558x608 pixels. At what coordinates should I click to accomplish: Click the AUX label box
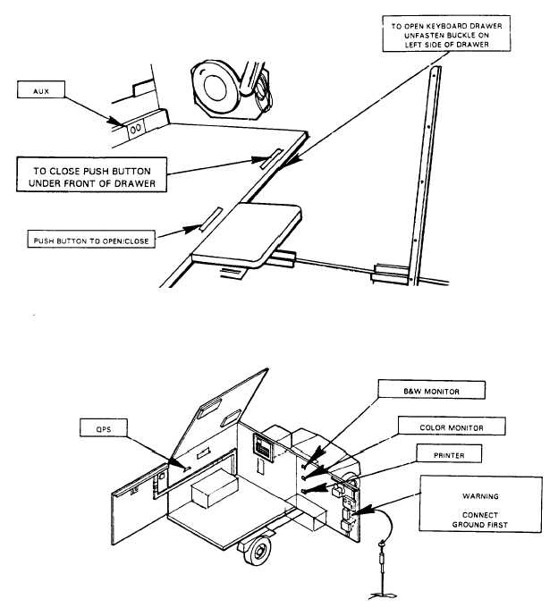[x=41, y=89]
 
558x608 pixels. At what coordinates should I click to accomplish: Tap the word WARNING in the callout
[x=480, y=496]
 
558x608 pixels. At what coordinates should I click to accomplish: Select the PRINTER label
[x=449, y=453]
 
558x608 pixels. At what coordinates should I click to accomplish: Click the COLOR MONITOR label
[x=452, y=426]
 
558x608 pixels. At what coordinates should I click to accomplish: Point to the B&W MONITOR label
[x=432, y=390]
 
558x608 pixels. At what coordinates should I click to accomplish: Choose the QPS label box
[x=104, y=427]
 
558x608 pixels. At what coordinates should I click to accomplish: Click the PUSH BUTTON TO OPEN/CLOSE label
[x=91, y=240]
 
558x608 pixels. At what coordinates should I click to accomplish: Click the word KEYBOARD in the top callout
[x=447, y=26]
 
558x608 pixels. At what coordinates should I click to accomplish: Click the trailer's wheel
[x=257, y=550]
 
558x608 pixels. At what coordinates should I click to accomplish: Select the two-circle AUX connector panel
[x=136, y=129]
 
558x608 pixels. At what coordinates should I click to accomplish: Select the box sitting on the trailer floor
[x=214, y=487]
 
